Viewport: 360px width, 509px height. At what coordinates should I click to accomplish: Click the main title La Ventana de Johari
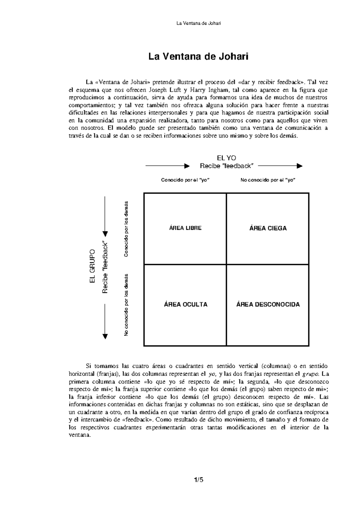coord(199,56)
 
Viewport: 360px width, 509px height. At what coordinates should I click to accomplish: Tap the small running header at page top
coord(198,23)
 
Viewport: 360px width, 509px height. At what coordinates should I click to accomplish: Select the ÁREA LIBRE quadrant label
coord(185,228)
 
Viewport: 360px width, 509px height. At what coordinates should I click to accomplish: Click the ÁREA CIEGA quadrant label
coord(268,228)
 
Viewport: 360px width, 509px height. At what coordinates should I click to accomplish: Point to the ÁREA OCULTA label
coord(185,305)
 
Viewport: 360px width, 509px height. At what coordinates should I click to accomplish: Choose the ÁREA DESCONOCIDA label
coord(268,305)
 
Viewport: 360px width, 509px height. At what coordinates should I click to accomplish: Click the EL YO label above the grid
coord(226,158)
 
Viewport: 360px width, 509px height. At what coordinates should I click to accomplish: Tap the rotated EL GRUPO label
coord(92,266)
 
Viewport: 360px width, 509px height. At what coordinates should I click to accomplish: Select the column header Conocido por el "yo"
coord(185,180)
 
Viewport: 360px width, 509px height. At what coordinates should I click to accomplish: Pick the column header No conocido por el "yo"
coord(268,180)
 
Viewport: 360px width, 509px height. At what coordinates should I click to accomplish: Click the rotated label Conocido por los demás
coord(126,228)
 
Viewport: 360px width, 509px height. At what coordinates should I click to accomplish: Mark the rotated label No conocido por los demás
coord(126,305)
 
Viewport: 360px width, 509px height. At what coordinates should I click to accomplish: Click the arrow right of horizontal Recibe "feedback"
coord(280,166)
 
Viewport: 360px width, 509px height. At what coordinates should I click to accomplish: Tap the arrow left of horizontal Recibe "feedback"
coord(167,166)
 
